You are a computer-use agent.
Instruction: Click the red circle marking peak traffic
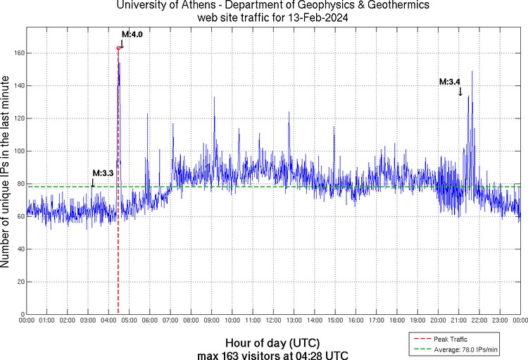pyautogui.click(x=118, y=48)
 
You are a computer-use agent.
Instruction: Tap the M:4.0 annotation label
pyautogui.click(x=132, y=34)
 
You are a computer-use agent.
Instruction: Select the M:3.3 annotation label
pyautogui.click(x=103, y=173)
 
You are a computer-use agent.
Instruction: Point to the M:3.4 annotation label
pyautogui.click(x=449, y=82)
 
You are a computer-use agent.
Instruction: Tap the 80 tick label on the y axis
pyautogui.click(x=18, y=184)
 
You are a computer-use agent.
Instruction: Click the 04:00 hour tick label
pyautogui.click(x=108, y=321)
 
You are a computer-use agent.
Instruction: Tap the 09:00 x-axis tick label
pyautogui.click(x=211, y=321)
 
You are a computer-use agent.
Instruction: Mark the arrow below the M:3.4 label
pyautogui.click(x=460, y=92)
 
